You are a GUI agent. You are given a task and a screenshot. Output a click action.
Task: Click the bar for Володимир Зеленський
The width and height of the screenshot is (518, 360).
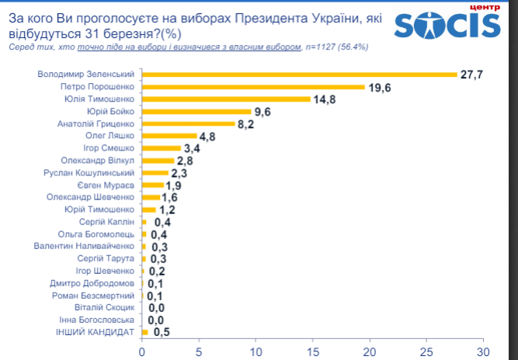(299, 74)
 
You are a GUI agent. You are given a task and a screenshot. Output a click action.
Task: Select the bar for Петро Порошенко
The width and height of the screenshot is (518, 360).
(253, 87)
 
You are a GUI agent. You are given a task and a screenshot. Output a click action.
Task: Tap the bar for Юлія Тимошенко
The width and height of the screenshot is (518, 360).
(226, 99)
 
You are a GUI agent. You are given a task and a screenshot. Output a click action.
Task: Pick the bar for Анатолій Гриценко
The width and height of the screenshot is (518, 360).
(189, 123)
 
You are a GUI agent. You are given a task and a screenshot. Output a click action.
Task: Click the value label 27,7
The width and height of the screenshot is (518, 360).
(472, 74)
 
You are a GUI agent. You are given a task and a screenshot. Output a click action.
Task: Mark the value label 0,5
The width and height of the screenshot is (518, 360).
(162, 332)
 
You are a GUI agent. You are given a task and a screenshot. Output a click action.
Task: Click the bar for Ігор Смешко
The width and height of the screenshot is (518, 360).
(161, 148)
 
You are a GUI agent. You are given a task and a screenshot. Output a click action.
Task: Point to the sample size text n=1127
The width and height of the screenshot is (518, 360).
(324, 47)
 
